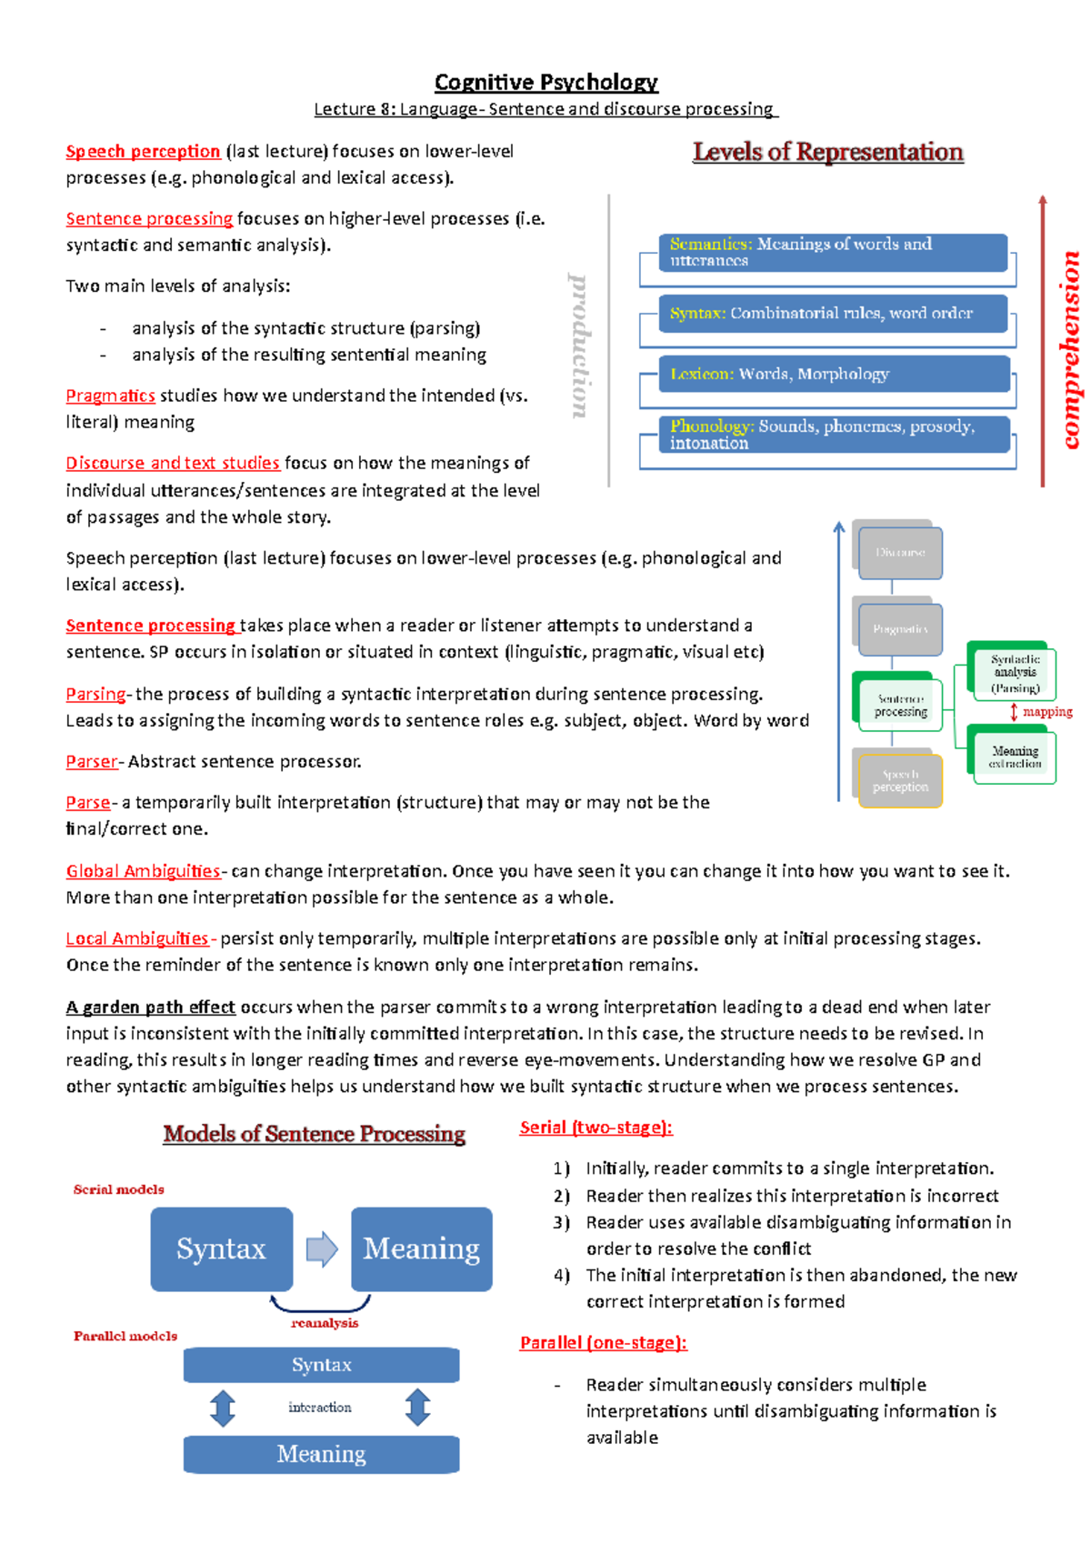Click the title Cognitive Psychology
coord(545,83)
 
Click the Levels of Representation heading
coord(827,152)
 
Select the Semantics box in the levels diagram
coord(832,252)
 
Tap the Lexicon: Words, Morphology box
coord(832,374)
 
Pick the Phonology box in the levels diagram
coord(832,435)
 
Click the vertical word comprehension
coord(1072,350)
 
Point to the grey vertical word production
coord(579,346)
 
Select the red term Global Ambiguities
coord(143,871)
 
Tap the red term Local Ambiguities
coord(136,938)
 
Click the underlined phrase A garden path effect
coord(150,1007)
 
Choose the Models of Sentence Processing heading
coord(314,1134)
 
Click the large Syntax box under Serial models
coord(221,1248)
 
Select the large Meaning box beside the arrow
coord(421,1248)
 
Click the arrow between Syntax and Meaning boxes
coord(322,1248)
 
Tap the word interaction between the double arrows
coord(320,1407)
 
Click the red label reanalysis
coord(325,1323)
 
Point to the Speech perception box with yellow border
coord(900,781)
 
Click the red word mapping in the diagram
coord(1047,712)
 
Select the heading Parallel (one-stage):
coord(603,1343)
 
